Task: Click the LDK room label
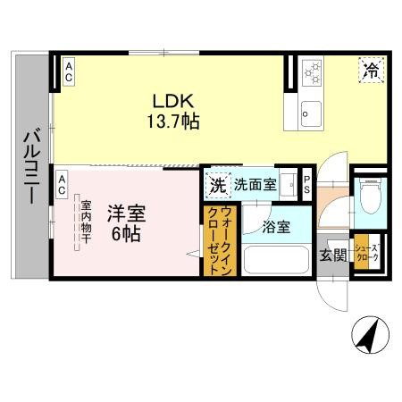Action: (x=173, y=101)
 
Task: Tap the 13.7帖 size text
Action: (x=173, y=121)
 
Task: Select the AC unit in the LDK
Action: (x=69, y=71)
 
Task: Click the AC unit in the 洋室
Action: (x=62, y=185)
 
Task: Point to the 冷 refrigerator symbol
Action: (x=372, y=71)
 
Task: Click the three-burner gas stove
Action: (x=313, y=72)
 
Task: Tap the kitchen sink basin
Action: (x=311, y=113)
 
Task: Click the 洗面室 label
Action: (x=255, y=185)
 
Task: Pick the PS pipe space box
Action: (x=306, y=185)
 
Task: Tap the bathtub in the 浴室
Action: (x=276, y=260)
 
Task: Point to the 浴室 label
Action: (x=276, y=228)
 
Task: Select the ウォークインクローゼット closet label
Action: (x=220, y=241)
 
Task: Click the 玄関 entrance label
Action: (x=333, y=255)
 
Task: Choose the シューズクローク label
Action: (x=367, y=253)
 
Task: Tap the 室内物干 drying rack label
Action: (x=86, y=222)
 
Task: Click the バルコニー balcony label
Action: (x=32, y=167)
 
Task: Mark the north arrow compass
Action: (x=371, y=335)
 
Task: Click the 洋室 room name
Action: (x=126, y=214)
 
